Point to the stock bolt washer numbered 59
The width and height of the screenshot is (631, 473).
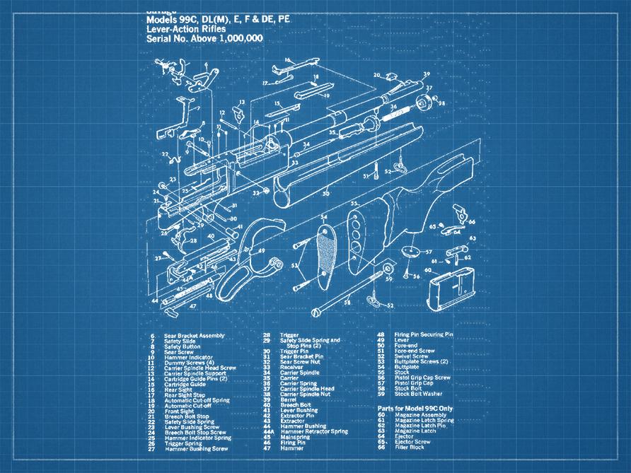[388, 270]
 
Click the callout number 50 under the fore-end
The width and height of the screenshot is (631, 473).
[325, 193]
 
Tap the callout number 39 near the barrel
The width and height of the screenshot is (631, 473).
[427, 74]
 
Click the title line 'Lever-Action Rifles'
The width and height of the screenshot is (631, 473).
[186, 30]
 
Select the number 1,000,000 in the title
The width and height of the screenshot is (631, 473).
[238, 39]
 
